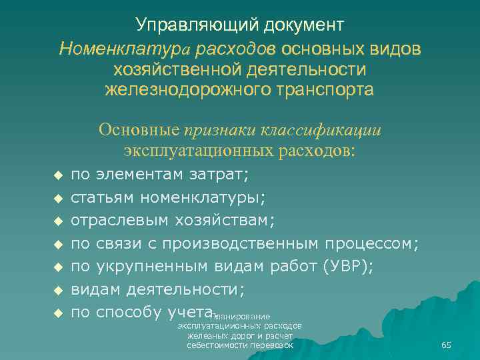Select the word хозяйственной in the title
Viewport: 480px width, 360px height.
coord(173,69)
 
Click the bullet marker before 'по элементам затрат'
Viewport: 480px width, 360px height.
coord(57,175)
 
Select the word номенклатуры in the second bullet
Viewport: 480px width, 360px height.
coord(201,197)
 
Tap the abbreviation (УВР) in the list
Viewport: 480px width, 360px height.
coord(347,267)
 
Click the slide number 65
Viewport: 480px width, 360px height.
coord(446,345)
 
